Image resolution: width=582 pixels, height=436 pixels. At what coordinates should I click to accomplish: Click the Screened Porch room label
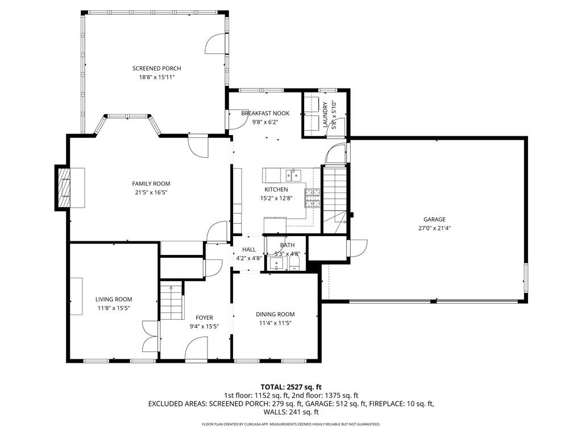153,68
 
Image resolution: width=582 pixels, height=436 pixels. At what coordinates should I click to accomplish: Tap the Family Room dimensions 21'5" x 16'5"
151,192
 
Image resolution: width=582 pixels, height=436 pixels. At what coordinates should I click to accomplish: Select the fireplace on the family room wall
64,188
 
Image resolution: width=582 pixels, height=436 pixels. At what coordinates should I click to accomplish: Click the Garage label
434,219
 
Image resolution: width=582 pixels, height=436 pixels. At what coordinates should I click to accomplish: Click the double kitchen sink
293,173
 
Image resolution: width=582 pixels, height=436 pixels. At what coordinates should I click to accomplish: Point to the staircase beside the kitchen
334,190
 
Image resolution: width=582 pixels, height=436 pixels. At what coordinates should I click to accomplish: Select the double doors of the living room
149,339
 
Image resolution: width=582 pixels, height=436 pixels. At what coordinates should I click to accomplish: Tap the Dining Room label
275,315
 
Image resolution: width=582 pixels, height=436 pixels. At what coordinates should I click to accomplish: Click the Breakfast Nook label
265,113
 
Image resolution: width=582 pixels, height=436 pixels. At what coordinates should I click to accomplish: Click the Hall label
249,249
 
